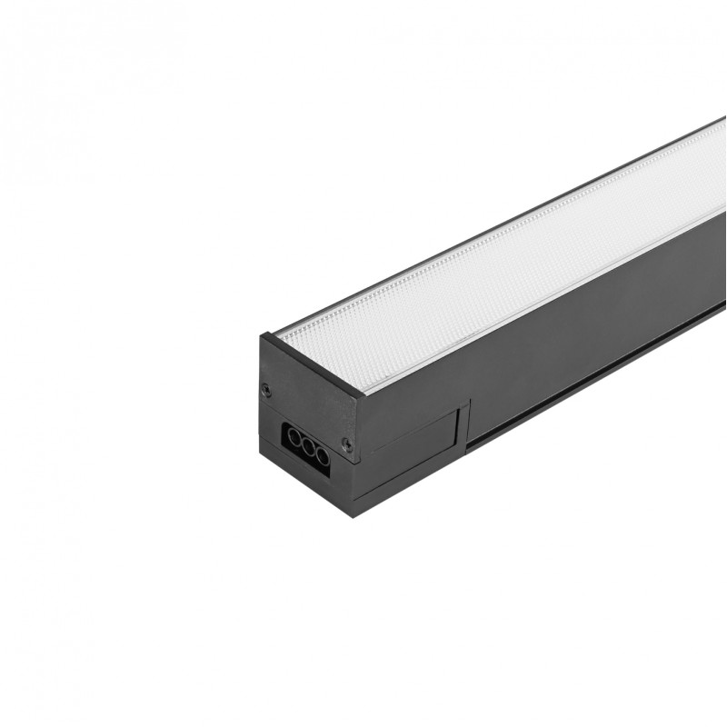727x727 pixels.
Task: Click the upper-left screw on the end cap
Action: [266, 390]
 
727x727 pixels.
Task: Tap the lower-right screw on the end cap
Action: [346, 443]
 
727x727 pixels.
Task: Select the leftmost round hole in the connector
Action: [294, 437]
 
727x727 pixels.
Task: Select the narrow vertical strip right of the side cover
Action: [464, 427]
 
